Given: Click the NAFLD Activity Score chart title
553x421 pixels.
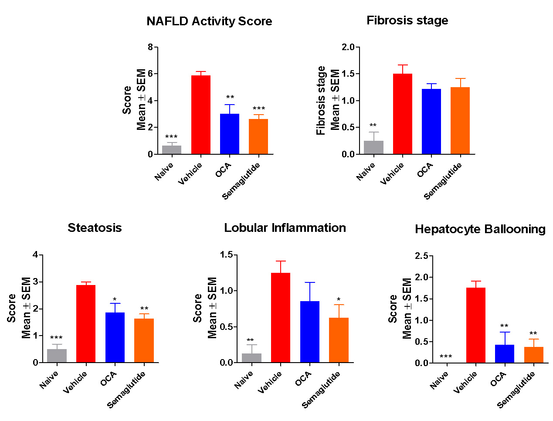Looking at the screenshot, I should pyautogui.click(x=209, y=21).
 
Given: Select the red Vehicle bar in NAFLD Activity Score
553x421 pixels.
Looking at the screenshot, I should pyautogui.click(x=201, y=115).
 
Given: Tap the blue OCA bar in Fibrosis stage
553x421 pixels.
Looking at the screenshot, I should pyautogui.click(x=431, y=122).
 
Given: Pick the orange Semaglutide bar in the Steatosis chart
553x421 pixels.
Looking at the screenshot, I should pyautogui.click(x=144, y=340).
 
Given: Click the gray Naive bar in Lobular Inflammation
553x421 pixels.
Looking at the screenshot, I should pyautogui.click(x=251, y=358).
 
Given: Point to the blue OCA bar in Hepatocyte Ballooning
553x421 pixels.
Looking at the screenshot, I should pyautogui.click(x=505, y=353).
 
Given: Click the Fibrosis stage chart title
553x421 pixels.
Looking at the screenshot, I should pyautogui.click(x=407, y=20).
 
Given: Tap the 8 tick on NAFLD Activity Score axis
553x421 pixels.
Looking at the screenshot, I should pyautogui.click(x=150, y=47).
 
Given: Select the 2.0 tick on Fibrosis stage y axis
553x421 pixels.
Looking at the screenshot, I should pyautogui.click(x=348, y=47).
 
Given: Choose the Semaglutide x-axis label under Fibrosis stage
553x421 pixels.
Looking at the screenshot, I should pyautogui.click(x=443, y=181).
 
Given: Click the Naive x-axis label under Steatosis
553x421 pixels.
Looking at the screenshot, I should pyautogui.click(x=49, y=380).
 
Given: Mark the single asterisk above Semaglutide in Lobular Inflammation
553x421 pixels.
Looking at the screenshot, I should pyautogui.click(x=339, y=300).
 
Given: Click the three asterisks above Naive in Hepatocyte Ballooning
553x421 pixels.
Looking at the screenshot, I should pyautogui.click(x=446, y=357).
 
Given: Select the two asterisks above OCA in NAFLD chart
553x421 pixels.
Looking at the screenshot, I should pyautogui.click(x=230, y=97).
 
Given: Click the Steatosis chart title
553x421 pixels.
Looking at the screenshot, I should pyautogui.click(x=95, y=228).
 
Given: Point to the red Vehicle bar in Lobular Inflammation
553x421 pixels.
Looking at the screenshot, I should pyautogui.click(x=281, y=318).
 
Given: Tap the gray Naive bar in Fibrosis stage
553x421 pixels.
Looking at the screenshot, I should pyautogui.click(x=373, y=147).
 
